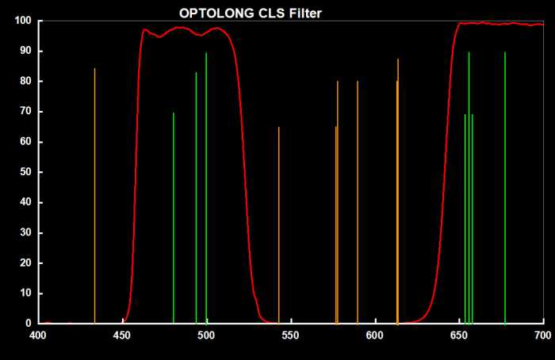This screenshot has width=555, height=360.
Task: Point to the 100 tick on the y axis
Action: [x=23, y=21]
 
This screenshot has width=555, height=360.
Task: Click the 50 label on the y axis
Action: [x=26, y=172]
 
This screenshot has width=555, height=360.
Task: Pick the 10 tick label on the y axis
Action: [x=26, y=293]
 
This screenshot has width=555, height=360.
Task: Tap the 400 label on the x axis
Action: [x=37, y=335]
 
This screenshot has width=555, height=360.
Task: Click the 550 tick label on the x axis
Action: [x=291, y=335]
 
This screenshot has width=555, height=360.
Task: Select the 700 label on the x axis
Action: [x=544, y=335]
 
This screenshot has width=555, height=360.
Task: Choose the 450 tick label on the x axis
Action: [x=122, y=335]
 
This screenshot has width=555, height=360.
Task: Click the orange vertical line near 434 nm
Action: [x=94, y=194]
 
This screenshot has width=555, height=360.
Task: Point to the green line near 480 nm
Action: [x=174, y=218]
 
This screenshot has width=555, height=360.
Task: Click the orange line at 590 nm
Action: [x=358, y=202]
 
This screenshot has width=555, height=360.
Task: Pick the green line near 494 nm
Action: [x=197, y=198]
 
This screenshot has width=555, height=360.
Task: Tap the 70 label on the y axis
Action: [x=26, y=112]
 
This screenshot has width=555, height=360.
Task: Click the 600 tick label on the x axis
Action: [x=375, y=335]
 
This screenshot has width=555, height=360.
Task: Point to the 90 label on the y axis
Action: [x=26, y=51]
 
